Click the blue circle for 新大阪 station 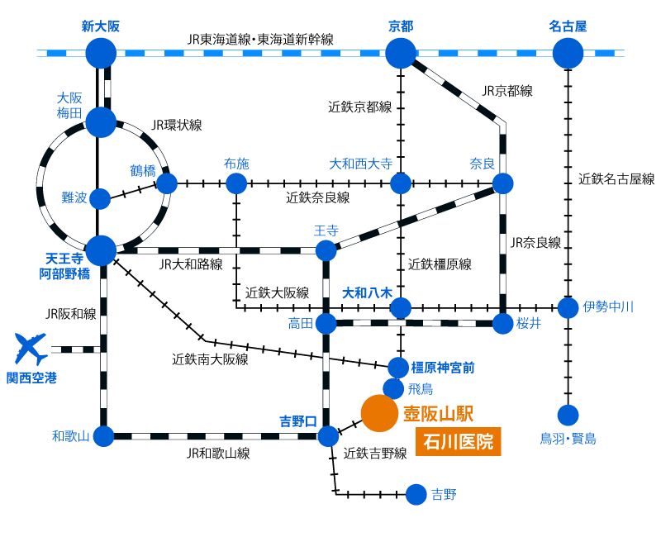(101, 53)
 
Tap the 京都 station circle (401, 53)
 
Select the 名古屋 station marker (568, 53)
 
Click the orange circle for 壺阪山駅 (379, 413)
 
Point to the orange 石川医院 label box (458, 441)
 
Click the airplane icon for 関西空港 (30, 348)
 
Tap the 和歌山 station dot (103, 436)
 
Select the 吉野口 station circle (328, 436)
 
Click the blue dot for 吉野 (416, 494)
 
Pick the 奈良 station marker (502, 183)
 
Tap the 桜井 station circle (502, 324)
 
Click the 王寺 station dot (326, 250)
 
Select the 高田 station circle (326, 324)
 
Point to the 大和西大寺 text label (361, 164)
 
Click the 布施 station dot (236, 183)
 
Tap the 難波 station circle (100, 199)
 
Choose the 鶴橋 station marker (167, 183)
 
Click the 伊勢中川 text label (608, 307)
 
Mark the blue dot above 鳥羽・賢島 (568, 415)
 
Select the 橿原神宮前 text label (443, 368)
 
